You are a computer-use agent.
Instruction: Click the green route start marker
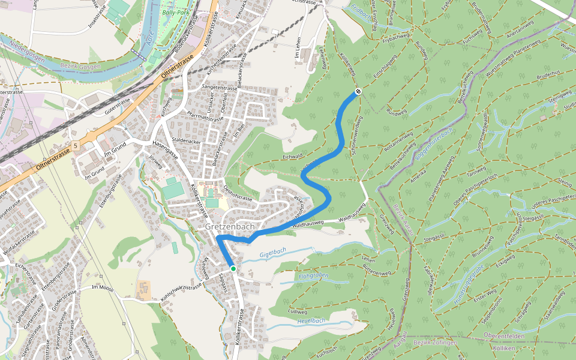pos(233,268)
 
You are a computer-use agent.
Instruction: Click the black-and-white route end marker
pos(358,91)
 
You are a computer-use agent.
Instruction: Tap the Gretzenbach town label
pos(230,227)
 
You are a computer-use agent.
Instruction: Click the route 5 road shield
pos(76,146)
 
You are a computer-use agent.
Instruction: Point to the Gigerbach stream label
pos(273,253)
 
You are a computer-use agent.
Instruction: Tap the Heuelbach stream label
pos(311,321)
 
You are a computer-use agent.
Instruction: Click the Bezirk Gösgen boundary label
pos(82,67)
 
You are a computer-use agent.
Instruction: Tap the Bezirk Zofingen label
pos(435,343)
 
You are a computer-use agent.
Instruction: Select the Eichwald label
pos(292,156)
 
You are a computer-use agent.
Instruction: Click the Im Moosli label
pos(103,288)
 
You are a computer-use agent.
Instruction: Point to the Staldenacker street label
pos(185,140)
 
